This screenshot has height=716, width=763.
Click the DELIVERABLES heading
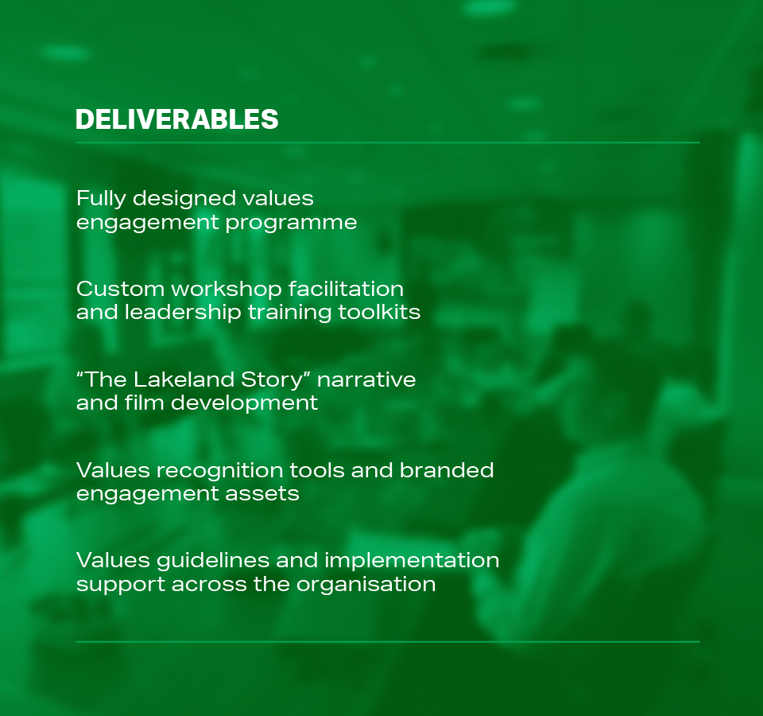[x=177, y=119]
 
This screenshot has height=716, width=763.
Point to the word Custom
[x=120, y=290]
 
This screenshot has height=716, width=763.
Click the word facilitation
[x=346, y=289]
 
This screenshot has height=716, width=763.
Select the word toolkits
[x=379, y=312]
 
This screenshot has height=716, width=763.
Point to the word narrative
[x=366, y=380]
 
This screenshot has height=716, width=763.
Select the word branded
[x=447, y=470]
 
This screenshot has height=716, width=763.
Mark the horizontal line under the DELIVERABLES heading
[x=388, y=142]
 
